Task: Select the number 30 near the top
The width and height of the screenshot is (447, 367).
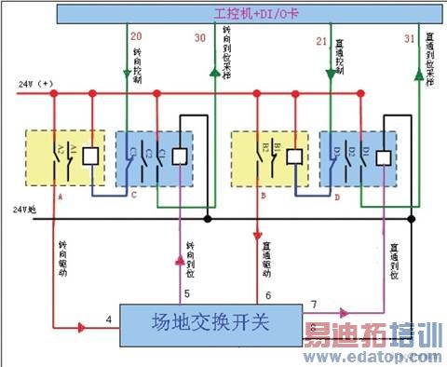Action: pyautogui.click(x=200, y=39)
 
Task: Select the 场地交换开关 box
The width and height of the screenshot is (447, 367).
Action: pyautogui.click(x=210, y=326)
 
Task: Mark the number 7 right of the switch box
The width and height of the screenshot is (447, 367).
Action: pyautogui.click(x=314, y=305)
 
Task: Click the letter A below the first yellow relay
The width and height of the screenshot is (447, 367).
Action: pyautogui.click(x=59, y=197)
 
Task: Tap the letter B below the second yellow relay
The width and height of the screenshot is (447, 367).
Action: pyautogui.click(x=266, y=197)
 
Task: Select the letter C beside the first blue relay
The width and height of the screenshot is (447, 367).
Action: pyautogui.click(x=134, y=196)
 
